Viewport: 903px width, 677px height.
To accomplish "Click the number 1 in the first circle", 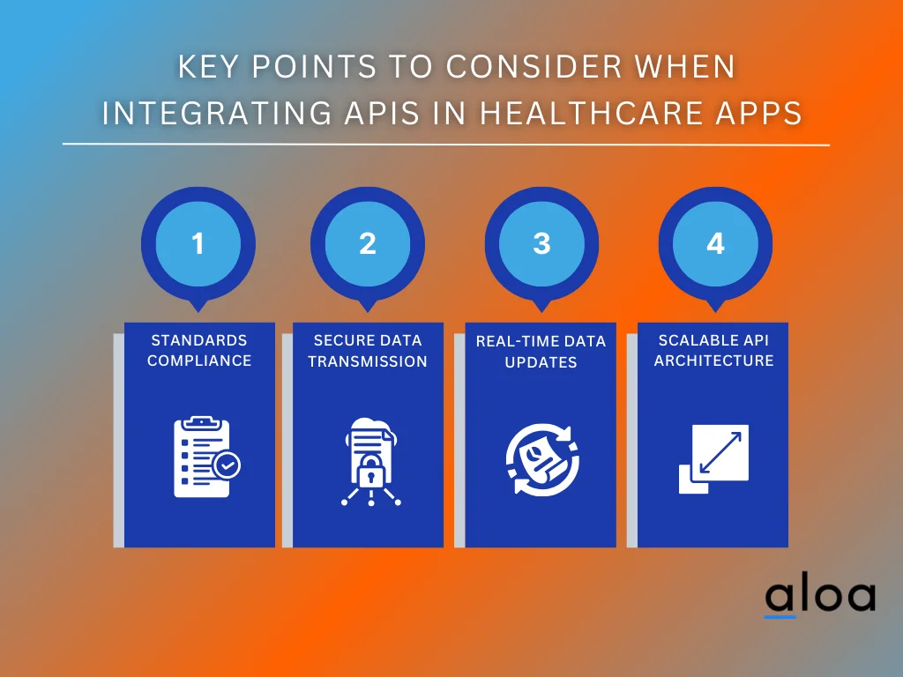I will point(198,243).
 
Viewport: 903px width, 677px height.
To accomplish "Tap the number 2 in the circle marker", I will point(368,243).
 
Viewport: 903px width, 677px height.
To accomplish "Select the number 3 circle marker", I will point(541,243).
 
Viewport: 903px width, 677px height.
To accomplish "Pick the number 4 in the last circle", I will point(715,243).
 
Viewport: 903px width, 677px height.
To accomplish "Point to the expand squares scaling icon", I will point(713,458).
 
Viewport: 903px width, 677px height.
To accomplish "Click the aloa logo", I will point(819,597).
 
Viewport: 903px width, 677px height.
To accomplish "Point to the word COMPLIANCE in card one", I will point(199,361).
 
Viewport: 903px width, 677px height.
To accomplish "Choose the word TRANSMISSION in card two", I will point(368,361).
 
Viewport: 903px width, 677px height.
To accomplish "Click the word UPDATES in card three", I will point(541,362).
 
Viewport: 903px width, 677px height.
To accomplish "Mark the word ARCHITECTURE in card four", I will point(713,361).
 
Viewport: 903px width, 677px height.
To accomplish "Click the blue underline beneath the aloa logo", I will point(780,616).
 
